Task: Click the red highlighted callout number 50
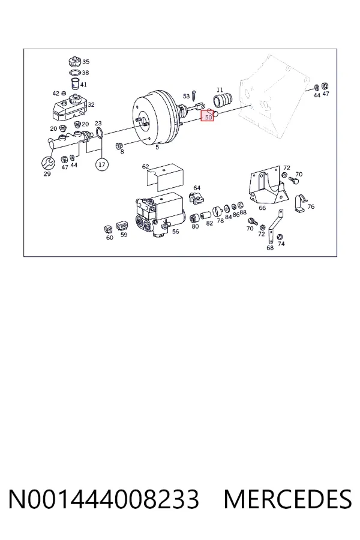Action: pyautogui.click(x=208, y=117)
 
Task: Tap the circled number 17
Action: pyautogui.click(x=101, y=164)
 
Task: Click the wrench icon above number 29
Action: pyautogui.click(x=47, y=163)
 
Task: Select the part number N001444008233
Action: pyautogui.click(x=104, y=499)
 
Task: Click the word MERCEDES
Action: pyautogui.click(x=288, y=499)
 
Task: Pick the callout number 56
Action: pyautogui.click(x=175, y=232)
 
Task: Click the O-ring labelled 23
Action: pyautogui.click(x=99, y=133)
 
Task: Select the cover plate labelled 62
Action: pyautogui.click(x=166, y=178)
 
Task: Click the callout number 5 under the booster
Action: pyautogui.click(x=157, y=148)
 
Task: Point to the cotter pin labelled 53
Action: pyautogui.click(x=194, y=94)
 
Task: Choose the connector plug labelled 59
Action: pyautogui.click(x=122, y=226)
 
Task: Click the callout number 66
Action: pyautogui.click(x=262, y=208)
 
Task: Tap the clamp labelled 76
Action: pyautogui.click(x=301, y=203)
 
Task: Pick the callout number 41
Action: pyautogui.click(x=84, y=85)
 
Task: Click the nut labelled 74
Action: pyautogui.click(x=280, y=236)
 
